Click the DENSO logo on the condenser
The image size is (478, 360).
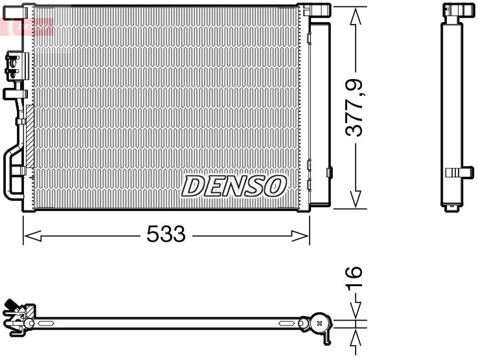coord(234,186)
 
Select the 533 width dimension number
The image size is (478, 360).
coord(166,234)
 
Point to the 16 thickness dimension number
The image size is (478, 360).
coord(354,280)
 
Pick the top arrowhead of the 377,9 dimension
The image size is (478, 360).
coord(354,17)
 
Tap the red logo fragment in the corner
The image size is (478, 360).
coord(26,26)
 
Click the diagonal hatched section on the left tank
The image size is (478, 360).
coord(28,136)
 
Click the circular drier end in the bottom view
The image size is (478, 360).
coord(319,322)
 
